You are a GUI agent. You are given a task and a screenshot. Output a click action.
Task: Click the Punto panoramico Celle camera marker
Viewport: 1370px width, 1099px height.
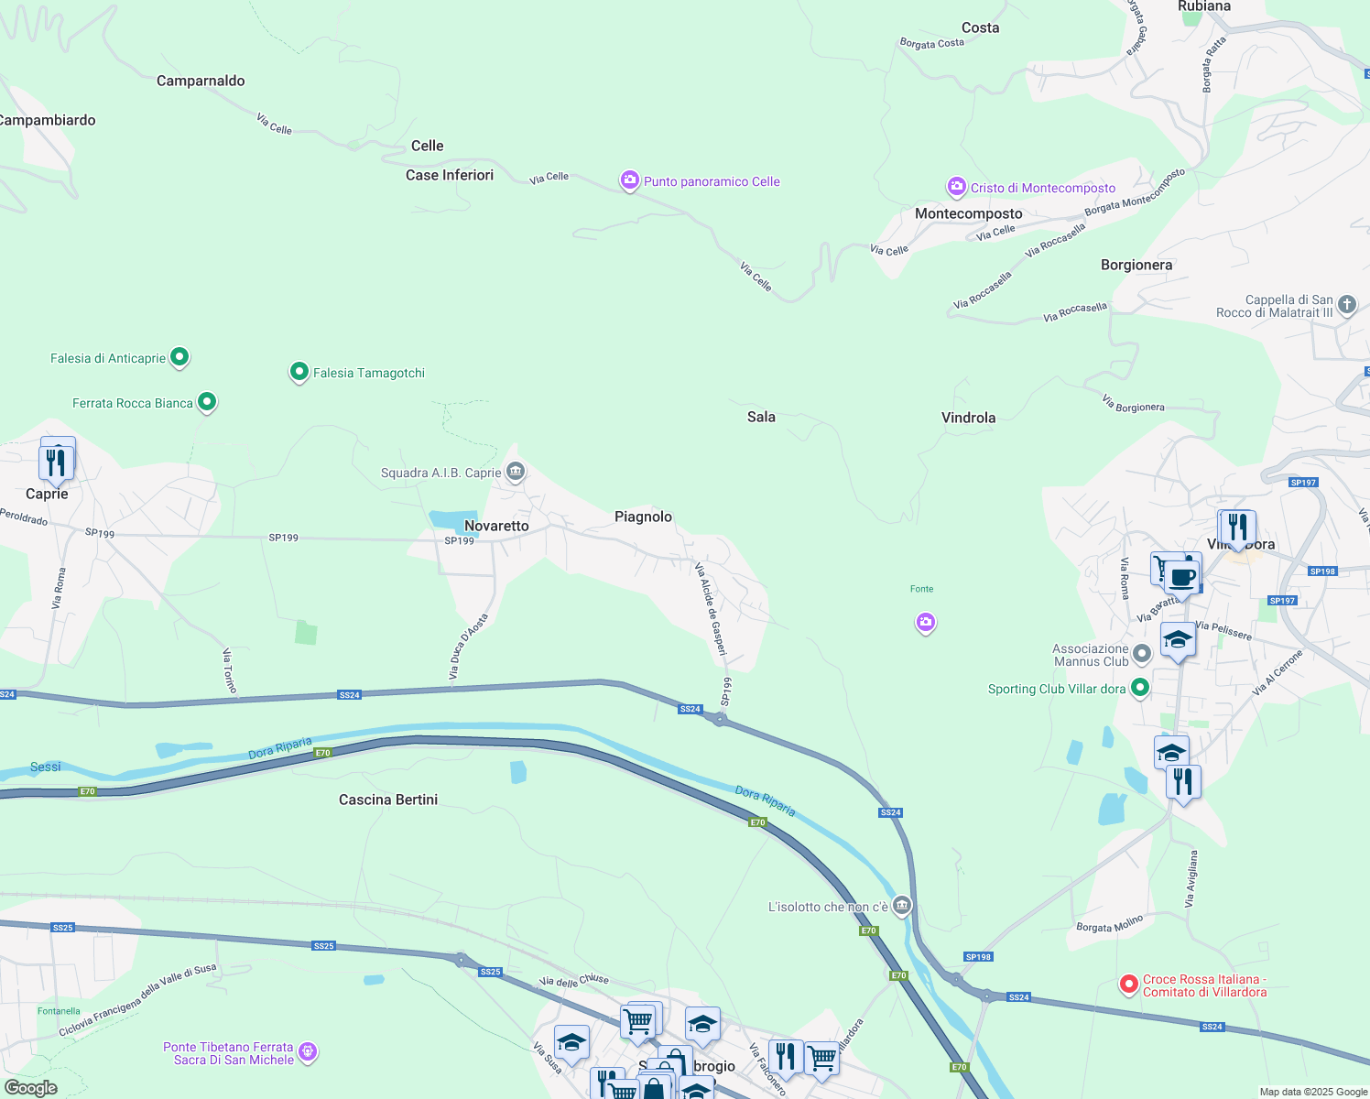tap(629, 180)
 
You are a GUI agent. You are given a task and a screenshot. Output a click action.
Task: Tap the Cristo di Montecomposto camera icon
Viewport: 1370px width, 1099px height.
tap(956, 187)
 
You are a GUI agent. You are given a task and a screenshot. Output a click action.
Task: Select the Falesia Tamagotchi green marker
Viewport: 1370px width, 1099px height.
tap(299, 372)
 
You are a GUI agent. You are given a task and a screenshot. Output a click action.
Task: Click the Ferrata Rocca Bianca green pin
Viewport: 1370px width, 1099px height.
tap(207, 401)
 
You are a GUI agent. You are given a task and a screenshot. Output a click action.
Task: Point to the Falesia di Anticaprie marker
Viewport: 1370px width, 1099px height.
tap(179, 356)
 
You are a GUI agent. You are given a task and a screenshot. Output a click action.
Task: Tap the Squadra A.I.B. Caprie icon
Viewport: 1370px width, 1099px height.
tap(515, 472)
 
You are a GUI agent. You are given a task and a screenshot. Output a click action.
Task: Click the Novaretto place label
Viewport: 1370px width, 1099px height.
tap(496, 526)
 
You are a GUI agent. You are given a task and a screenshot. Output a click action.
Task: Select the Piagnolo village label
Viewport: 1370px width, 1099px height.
tap(643, 517)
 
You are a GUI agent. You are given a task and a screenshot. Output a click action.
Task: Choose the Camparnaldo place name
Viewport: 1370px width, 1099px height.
tap(201, 81)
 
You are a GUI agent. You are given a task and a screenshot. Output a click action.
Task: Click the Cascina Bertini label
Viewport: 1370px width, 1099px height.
tap(388, 800)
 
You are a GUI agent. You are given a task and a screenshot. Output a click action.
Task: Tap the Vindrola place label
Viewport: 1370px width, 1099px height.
tap(968, 418)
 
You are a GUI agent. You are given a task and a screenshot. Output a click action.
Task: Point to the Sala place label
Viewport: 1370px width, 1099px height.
tap(761, 417)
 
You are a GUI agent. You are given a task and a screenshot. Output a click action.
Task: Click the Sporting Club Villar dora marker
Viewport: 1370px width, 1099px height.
tap(1139, 688)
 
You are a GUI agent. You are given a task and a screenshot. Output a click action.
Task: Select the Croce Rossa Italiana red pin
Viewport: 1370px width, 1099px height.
tap(1129, 985)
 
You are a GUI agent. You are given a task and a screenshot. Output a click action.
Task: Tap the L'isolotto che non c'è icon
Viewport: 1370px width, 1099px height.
tap(902, 906)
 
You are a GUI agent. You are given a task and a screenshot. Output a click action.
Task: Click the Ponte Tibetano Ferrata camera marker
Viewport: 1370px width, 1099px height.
tap(308, 1051)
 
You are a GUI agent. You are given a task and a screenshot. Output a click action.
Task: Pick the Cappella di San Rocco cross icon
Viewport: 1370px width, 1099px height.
tap(1346, 304)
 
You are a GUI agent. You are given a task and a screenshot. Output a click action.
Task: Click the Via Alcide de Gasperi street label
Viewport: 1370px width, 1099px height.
tap(711, 609)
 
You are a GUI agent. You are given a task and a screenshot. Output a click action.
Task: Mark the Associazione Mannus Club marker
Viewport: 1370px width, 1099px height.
tap(1141, 654)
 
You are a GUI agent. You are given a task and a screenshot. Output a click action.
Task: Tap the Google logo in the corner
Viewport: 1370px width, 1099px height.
tap(31, 1088)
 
